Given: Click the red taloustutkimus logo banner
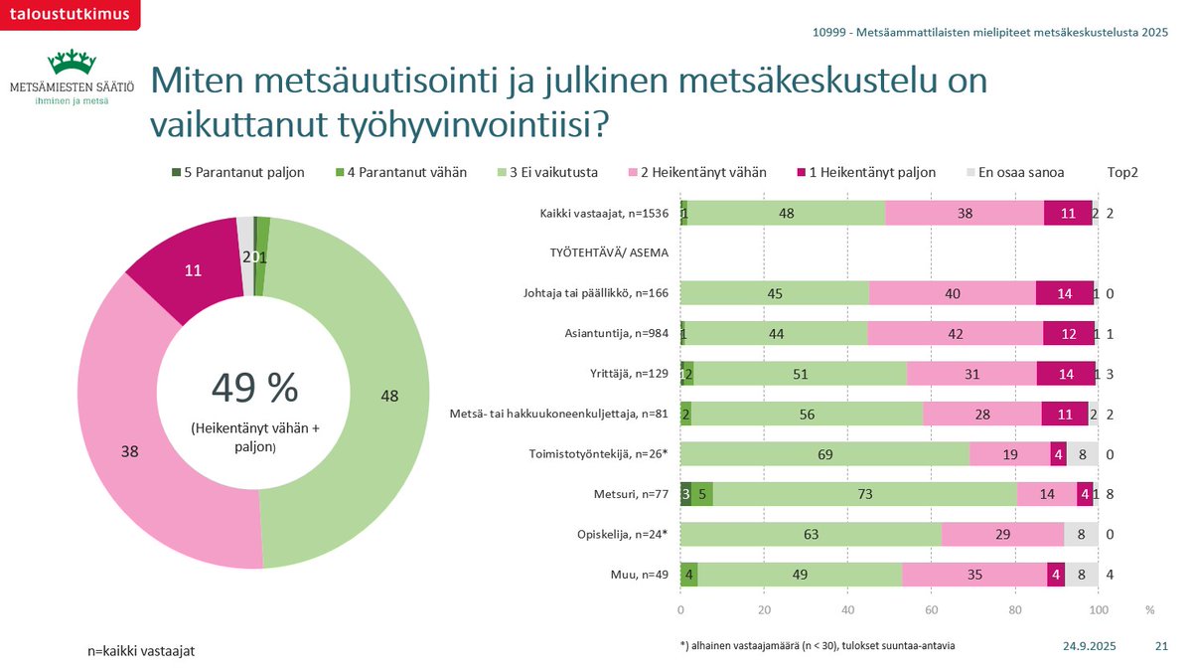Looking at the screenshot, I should [x=69, y=13].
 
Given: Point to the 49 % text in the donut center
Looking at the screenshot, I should [x=254, y=389].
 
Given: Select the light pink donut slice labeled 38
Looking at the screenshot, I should [x=129, y=449].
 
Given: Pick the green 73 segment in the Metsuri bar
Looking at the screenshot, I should [x=864, y=494].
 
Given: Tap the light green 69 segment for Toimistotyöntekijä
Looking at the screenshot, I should [x=824, y=453].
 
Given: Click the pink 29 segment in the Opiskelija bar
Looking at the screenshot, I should [x=1002, y=535].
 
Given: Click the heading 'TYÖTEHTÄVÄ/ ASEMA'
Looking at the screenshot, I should [x=608, y=252].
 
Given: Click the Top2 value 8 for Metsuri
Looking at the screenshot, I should [x=1110, y=494].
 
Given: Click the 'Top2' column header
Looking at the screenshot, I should [x=1121, y=172].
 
